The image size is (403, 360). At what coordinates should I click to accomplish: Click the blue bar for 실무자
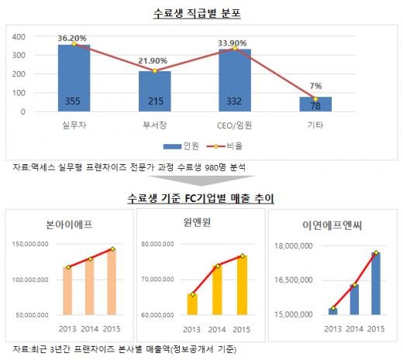pos(74,78)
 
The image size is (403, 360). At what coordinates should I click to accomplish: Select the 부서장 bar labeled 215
pos(155,91)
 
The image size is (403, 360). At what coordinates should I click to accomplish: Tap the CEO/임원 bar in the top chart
pos(235,81)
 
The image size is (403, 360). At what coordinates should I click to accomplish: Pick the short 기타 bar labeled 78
pos(315,105)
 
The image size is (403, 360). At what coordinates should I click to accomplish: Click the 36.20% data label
pos(72,38)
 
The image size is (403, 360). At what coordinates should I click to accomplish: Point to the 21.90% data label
pos(153,61)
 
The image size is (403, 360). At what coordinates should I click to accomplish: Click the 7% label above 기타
pos(315,86)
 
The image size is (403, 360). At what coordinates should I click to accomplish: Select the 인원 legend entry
pos(181,146)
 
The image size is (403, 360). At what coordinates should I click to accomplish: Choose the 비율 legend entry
pos(225,146)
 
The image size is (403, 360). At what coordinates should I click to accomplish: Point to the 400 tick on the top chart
pos(19,36)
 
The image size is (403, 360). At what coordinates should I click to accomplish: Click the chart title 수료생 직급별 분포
pos(197,13)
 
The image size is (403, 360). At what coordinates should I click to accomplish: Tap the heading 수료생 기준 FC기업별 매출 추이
pos(201,198)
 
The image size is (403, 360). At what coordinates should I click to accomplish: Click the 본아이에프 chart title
pos(69,225)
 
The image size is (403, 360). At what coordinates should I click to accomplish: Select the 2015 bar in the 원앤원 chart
pos(242,285)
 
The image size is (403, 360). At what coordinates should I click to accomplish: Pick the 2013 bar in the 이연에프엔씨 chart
pos(333,311)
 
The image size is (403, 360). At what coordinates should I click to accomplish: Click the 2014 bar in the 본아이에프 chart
pos(90,286)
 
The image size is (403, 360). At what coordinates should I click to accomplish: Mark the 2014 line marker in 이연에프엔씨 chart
pos(355,285)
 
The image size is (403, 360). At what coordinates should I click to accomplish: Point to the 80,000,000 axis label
pos(157,244)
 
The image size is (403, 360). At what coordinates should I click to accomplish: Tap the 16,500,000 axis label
pos(294,280)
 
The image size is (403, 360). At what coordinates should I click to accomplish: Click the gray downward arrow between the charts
pos(201,180)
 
